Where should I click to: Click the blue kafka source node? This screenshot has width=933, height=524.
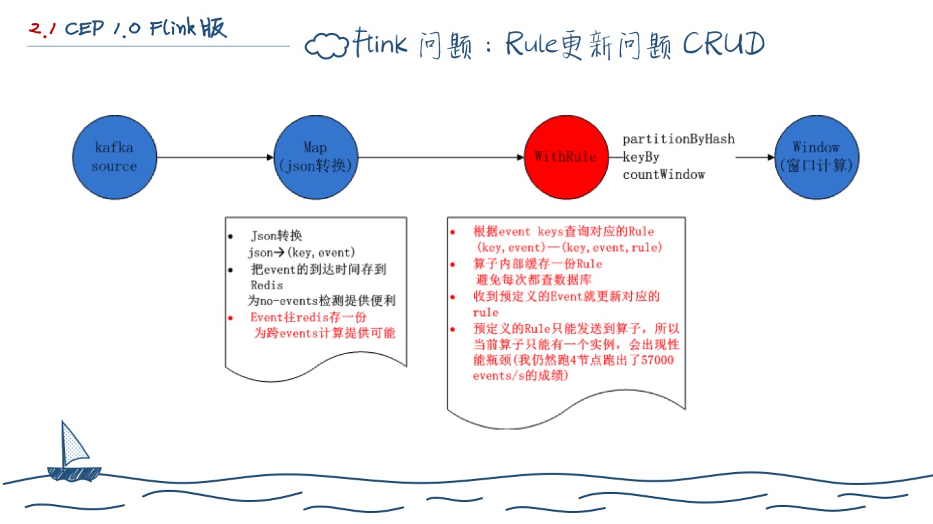(114, 158)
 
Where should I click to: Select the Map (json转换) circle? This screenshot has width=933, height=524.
(315, 158)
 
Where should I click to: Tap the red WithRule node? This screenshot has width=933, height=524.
(565, 158)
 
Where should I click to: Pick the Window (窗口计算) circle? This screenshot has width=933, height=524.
(816, 158)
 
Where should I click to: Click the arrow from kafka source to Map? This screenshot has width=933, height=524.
(214, 158)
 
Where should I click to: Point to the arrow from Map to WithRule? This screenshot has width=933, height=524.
(441, 158)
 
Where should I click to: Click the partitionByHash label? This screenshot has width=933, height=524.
(678, 139)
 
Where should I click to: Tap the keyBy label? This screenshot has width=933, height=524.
(641, 157)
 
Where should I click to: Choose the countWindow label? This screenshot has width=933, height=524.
(663, 175)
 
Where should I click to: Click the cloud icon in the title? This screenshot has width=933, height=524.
(326, 46)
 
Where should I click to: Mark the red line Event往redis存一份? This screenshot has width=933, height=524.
(309, 317)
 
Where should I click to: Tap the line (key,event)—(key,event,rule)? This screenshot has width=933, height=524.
(568, 248)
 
